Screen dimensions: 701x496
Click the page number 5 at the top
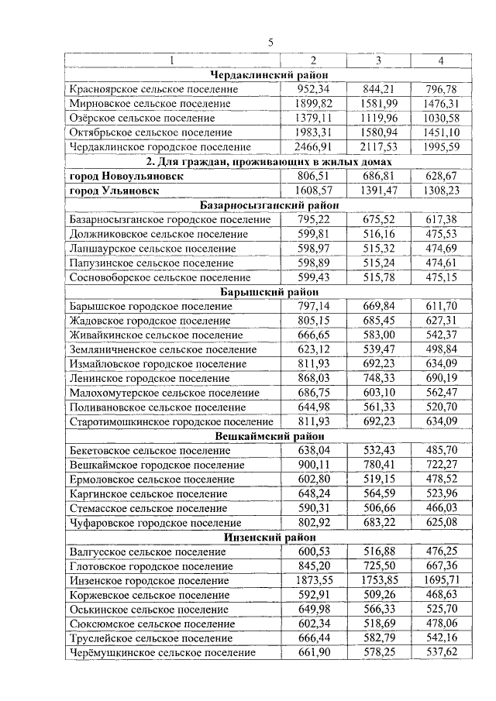270,43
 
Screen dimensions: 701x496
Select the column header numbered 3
378,60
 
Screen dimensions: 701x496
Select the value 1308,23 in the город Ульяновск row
442,191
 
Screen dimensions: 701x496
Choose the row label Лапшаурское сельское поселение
153,249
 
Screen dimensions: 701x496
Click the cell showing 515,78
378,277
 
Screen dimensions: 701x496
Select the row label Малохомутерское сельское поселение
164,393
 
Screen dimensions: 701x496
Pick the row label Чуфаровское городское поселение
155,523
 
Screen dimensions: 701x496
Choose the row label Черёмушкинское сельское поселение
162,653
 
